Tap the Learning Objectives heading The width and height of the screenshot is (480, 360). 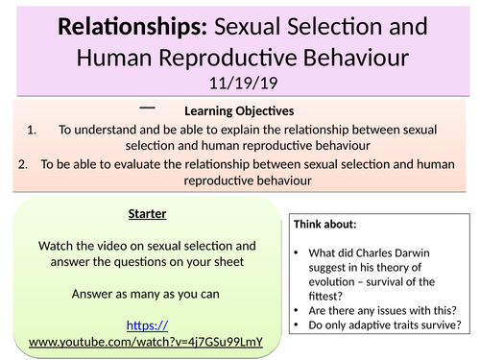pos(239,111)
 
